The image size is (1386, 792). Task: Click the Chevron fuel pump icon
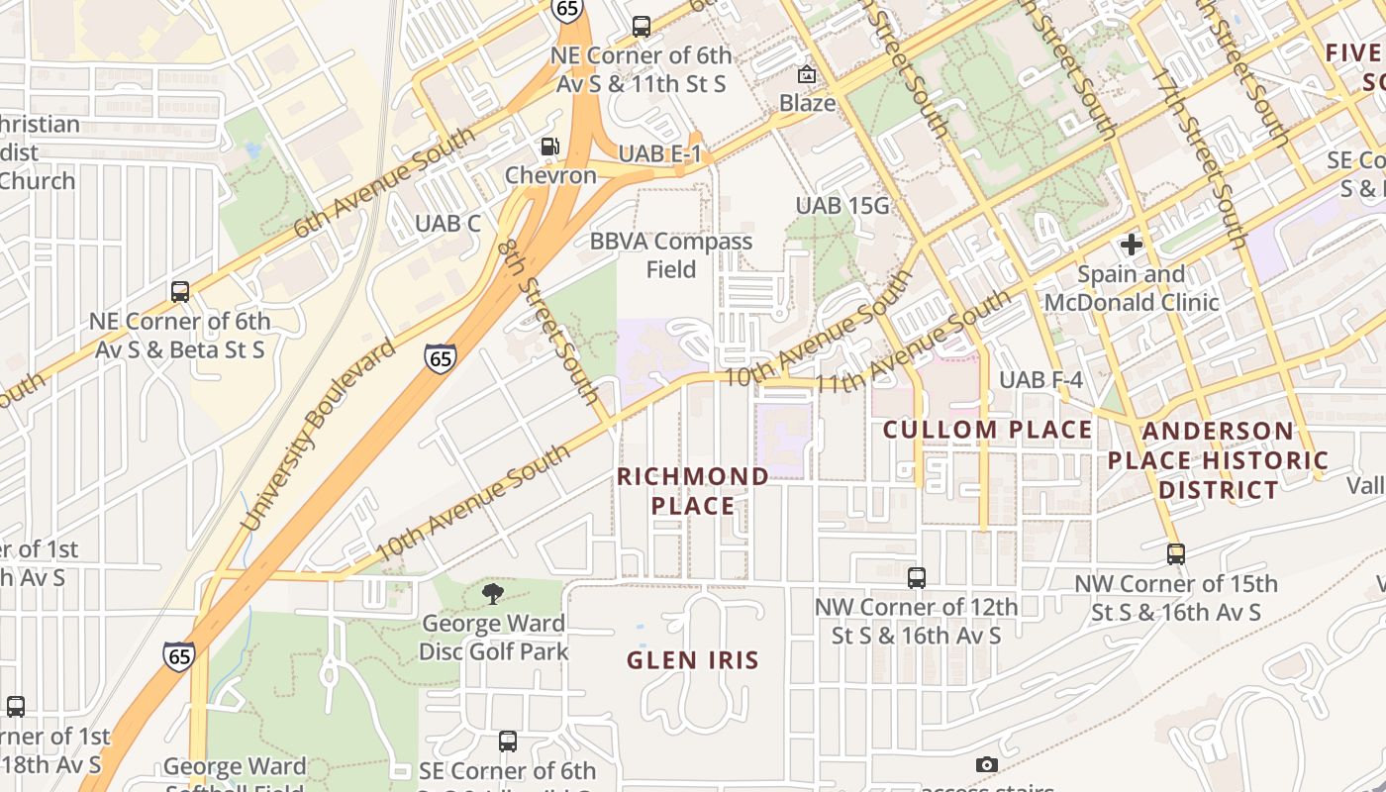[548, 147]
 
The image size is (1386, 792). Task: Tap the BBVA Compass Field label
[671, 255]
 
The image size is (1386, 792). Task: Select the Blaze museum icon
[807, 74]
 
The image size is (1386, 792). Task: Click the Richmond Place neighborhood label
[692, 491]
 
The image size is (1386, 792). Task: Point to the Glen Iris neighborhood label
[692, 659]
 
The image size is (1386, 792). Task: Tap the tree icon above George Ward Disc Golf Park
[492, 594]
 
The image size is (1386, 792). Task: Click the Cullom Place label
[987, 430]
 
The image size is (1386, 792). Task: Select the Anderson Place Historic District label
[1218, 460]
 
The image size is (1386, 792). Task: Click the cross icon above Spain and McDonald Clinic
[1131, 244]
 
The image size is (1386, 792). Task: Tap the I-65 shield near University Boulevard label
[441, 357]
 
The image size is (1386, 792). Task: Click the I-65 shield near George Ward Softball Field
[179, 655]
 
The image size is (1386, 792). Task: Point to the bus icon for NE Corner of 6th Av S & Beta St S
[179, 292]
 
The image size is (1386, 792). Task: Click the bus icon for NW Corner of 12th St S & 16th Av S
[917, 577]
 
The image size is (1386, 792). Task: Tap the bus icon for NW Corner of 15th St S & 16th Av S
[1175, 554]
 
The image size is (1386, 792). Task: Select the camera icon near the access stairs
[986, 764]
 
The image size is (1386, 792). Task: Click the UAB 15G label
[842, 206]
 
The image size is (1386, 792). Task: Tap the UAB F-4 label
[1040, 380]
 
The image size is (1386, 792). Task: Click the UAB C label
[447, 224]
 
